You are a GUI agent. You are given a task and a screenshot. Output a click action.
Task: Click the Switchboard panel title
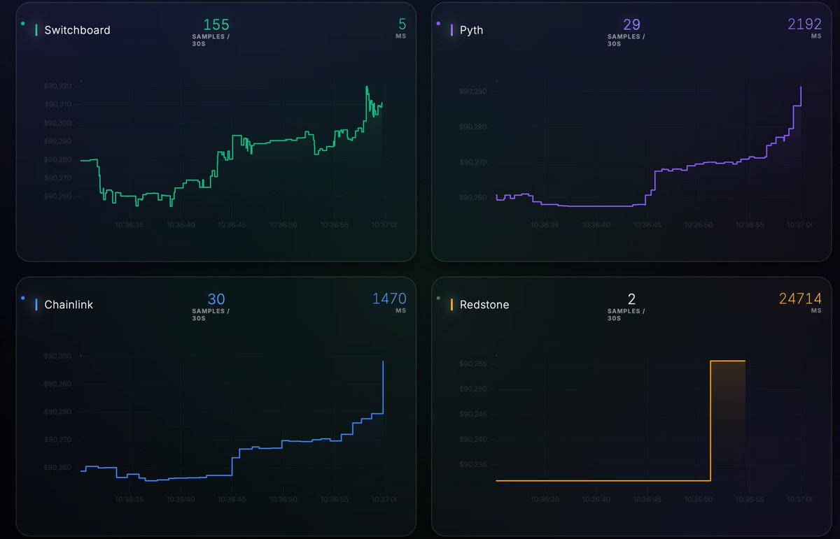pyautogui.click(x=77, y=30)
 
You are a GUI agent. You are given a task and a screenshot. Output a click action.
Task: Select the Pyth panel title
pyautogui.click(x=471, y=30)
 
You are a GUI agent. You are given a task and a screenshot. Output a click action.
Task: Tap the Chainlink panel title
pyautogui.click(x=69, y=305)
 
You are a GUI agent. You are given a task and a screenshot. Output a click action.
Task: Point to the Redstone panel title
pyautogui.click(x=484, y=305)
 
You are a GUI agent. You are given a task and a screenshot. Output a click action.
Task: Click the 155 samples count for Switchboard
pyautogui.click(x=216, y=24)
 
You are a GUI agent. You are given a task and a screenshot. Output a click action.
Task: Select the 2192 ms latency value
pyautogui.click(x=804, y=24)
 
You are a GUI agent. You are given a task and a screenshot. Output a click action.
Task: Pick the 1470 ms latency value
pyautogui.click(x=388, y=299)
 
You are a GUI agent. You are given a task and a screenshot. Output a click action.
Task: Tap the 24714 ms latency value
pyautogui.click(x=800, y=299)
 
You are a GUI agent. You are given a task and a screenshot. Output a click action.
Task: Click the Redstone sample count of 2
pyautogui.click(x=631, y=299)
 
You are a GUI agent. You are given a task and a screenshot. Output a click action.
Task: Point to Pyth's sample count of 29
pyautogui.click(x=631, y=24)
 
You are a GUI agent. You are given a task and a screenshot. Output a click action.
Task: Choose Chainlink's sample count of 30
pyautogui.click(x=216, y=299)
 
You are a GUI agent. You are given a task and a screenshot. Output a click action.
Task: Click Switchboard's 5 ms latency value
pyautogui.click(x=402, y=24)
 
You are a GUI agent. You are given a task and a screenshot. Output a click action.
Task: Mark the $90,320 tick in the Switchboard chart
pyautogui.click(x=57, y=86)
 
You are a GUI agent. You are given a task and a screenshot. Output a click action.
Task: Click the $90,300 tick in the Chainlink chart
pyautogui.click(x=57, y=357)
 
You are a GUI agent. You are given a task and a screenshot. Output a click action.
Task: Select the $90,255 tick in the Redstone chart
pyautogui.click(x=472, y=364)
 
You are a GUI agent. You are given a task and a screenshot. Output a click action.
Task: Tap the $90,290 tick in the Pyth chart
pyautogui.click(x=472, y=92)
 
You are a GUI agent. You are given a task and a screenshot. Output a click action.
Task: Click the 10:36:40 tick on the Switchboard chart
pyautogui.click(x=181, y=225)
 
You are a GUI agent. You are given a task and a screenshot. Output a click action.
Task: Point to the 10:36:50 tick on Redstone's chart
pyautogui.click(x=699, y=500)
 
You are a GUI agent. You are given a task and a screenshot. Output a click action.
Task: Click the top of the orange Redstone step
pyautogui.click(x=728, y=361)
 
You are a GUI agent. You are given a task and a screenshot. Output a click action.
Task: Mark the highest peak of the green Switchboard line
pyautogui.click(x=367, y=87)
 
